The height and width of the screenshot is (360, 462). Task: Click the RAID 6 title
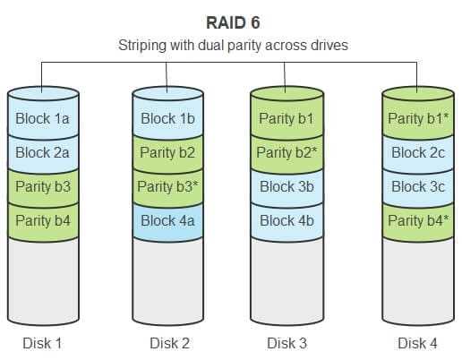(x=233, y=22)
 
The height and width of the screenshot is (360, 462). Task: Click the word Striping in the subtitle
(x=142, y=46)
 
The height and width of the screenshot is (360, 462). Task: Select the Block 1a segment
(x=43, y=118)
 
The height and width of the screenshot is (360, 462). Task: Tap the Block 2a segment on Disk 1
(x=43, y=152)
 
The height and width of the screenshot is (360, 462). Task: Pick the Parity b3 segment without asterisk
(x=43, y=186)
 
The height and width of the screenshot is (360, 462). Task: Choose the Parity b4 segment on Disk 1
(x=43, y=221)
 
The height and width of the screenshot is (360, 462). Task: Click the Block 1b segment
(x=168, y=118)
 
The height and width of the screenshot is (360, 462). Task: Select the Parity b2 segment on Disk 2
(x=168, y=152)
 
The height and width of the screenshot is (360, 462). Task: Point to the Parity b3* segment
(x=168, y=186)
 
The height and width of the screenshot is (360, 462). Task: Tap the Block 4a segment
(x=168, y=221)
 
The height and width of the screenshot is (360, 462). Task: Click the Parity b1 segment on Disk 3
(x=287, y=118)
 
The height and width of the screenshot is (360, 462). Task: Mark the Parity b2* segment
(x=287, y=152)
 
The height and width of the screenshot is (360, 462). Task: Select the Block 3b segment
(x=287, y=186)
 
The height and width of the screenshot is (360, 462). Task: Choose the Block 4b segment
(x=287, y=221)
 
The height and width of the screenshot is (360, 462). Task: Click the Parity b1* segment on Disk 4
(x=418, y=118)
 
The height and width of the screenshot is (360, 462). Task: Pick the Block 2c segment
(x=418, y=152)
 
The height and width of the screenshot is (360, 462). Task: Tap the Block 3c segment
(x=418, y=186)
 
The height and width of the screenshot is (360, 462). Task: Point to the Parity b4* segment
(x=418, y=221)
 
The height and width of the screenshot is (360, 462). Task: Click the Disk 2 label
(x=169, y=343)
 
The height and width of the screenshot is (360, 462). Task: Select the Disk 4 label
(x=417, y=343)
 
